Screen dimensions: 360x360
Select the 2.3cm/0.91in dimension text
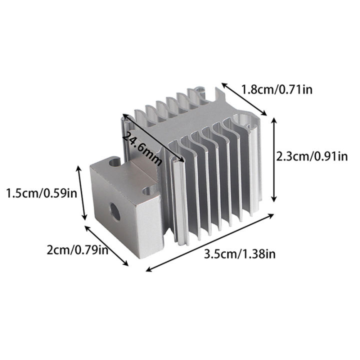click(311, 156)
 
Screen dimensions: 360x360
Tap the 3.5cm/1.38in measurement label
click(240, 254)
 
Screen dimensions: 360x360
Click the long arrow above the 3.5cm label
click(210, 242)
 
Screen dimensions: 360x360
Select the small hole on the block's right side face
click(147, 191)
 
